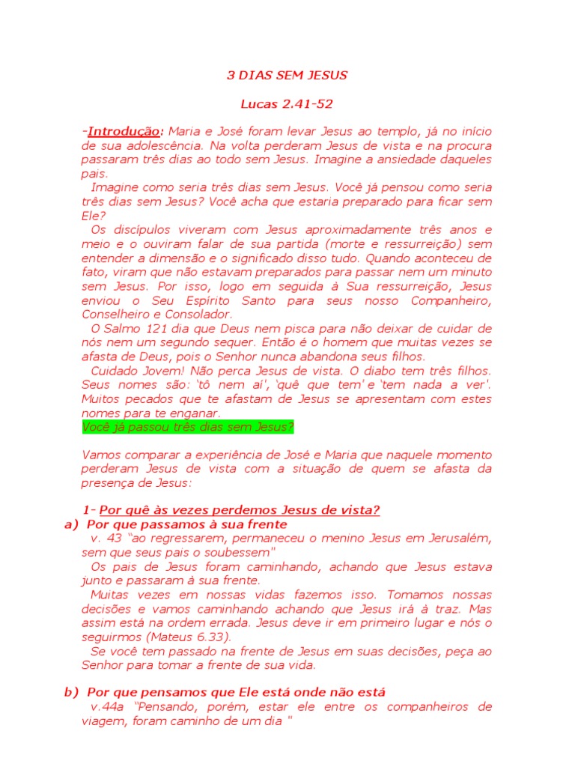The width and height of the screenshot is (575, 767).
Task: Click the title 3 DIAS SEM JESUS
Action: coord(287,76)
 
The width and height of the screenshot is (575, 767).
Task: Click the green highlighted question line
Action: coord(188,427)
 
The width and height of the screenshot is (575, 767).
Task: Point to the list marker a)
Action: coord(72,524)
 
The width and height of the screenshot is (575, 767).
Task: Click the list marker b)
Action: coord(72,692)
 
